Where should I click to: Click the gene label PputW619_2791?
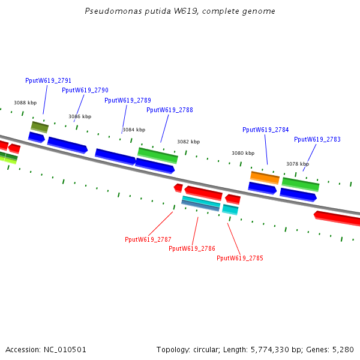pos(48,80)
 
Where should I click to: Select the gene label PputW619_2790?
pos(85,90)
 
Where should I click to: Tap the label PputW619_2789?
pos(128,100)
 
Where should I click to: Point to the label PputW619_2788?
pos(170,110)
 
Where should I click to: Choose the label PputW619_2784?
pos(266,130)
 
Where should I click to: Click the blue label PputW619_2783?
pos(317,139)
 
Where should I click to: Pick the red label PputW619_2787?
pos(148,239)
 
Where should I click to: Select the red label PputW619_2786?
pos(192,248)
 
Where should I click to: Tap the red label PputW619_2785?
pos(240,258)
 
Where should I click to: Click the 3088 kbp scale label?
pos(25,103)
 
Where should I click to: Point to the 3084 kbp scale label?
pos(134,130)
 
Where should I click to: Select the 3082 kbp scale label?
pos(188,142)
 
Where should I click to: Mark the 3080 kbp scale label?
pos(243,153)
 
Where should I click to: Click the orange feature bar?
pos(265,178)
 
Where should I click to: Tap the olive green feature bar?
pos(40,127)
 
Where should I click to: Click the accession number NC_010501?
pos(65,350)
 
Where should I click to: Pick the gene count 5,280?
pos(343,350)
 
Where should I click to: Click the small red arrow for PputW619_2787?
pos(178,188)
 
